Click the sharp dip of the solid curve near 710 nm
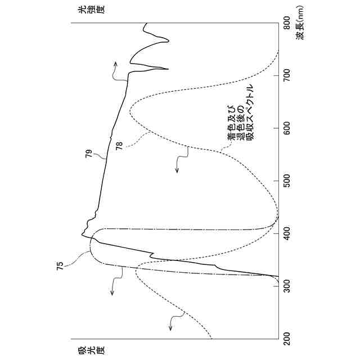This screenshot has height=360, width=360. (x=168, y=69)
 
